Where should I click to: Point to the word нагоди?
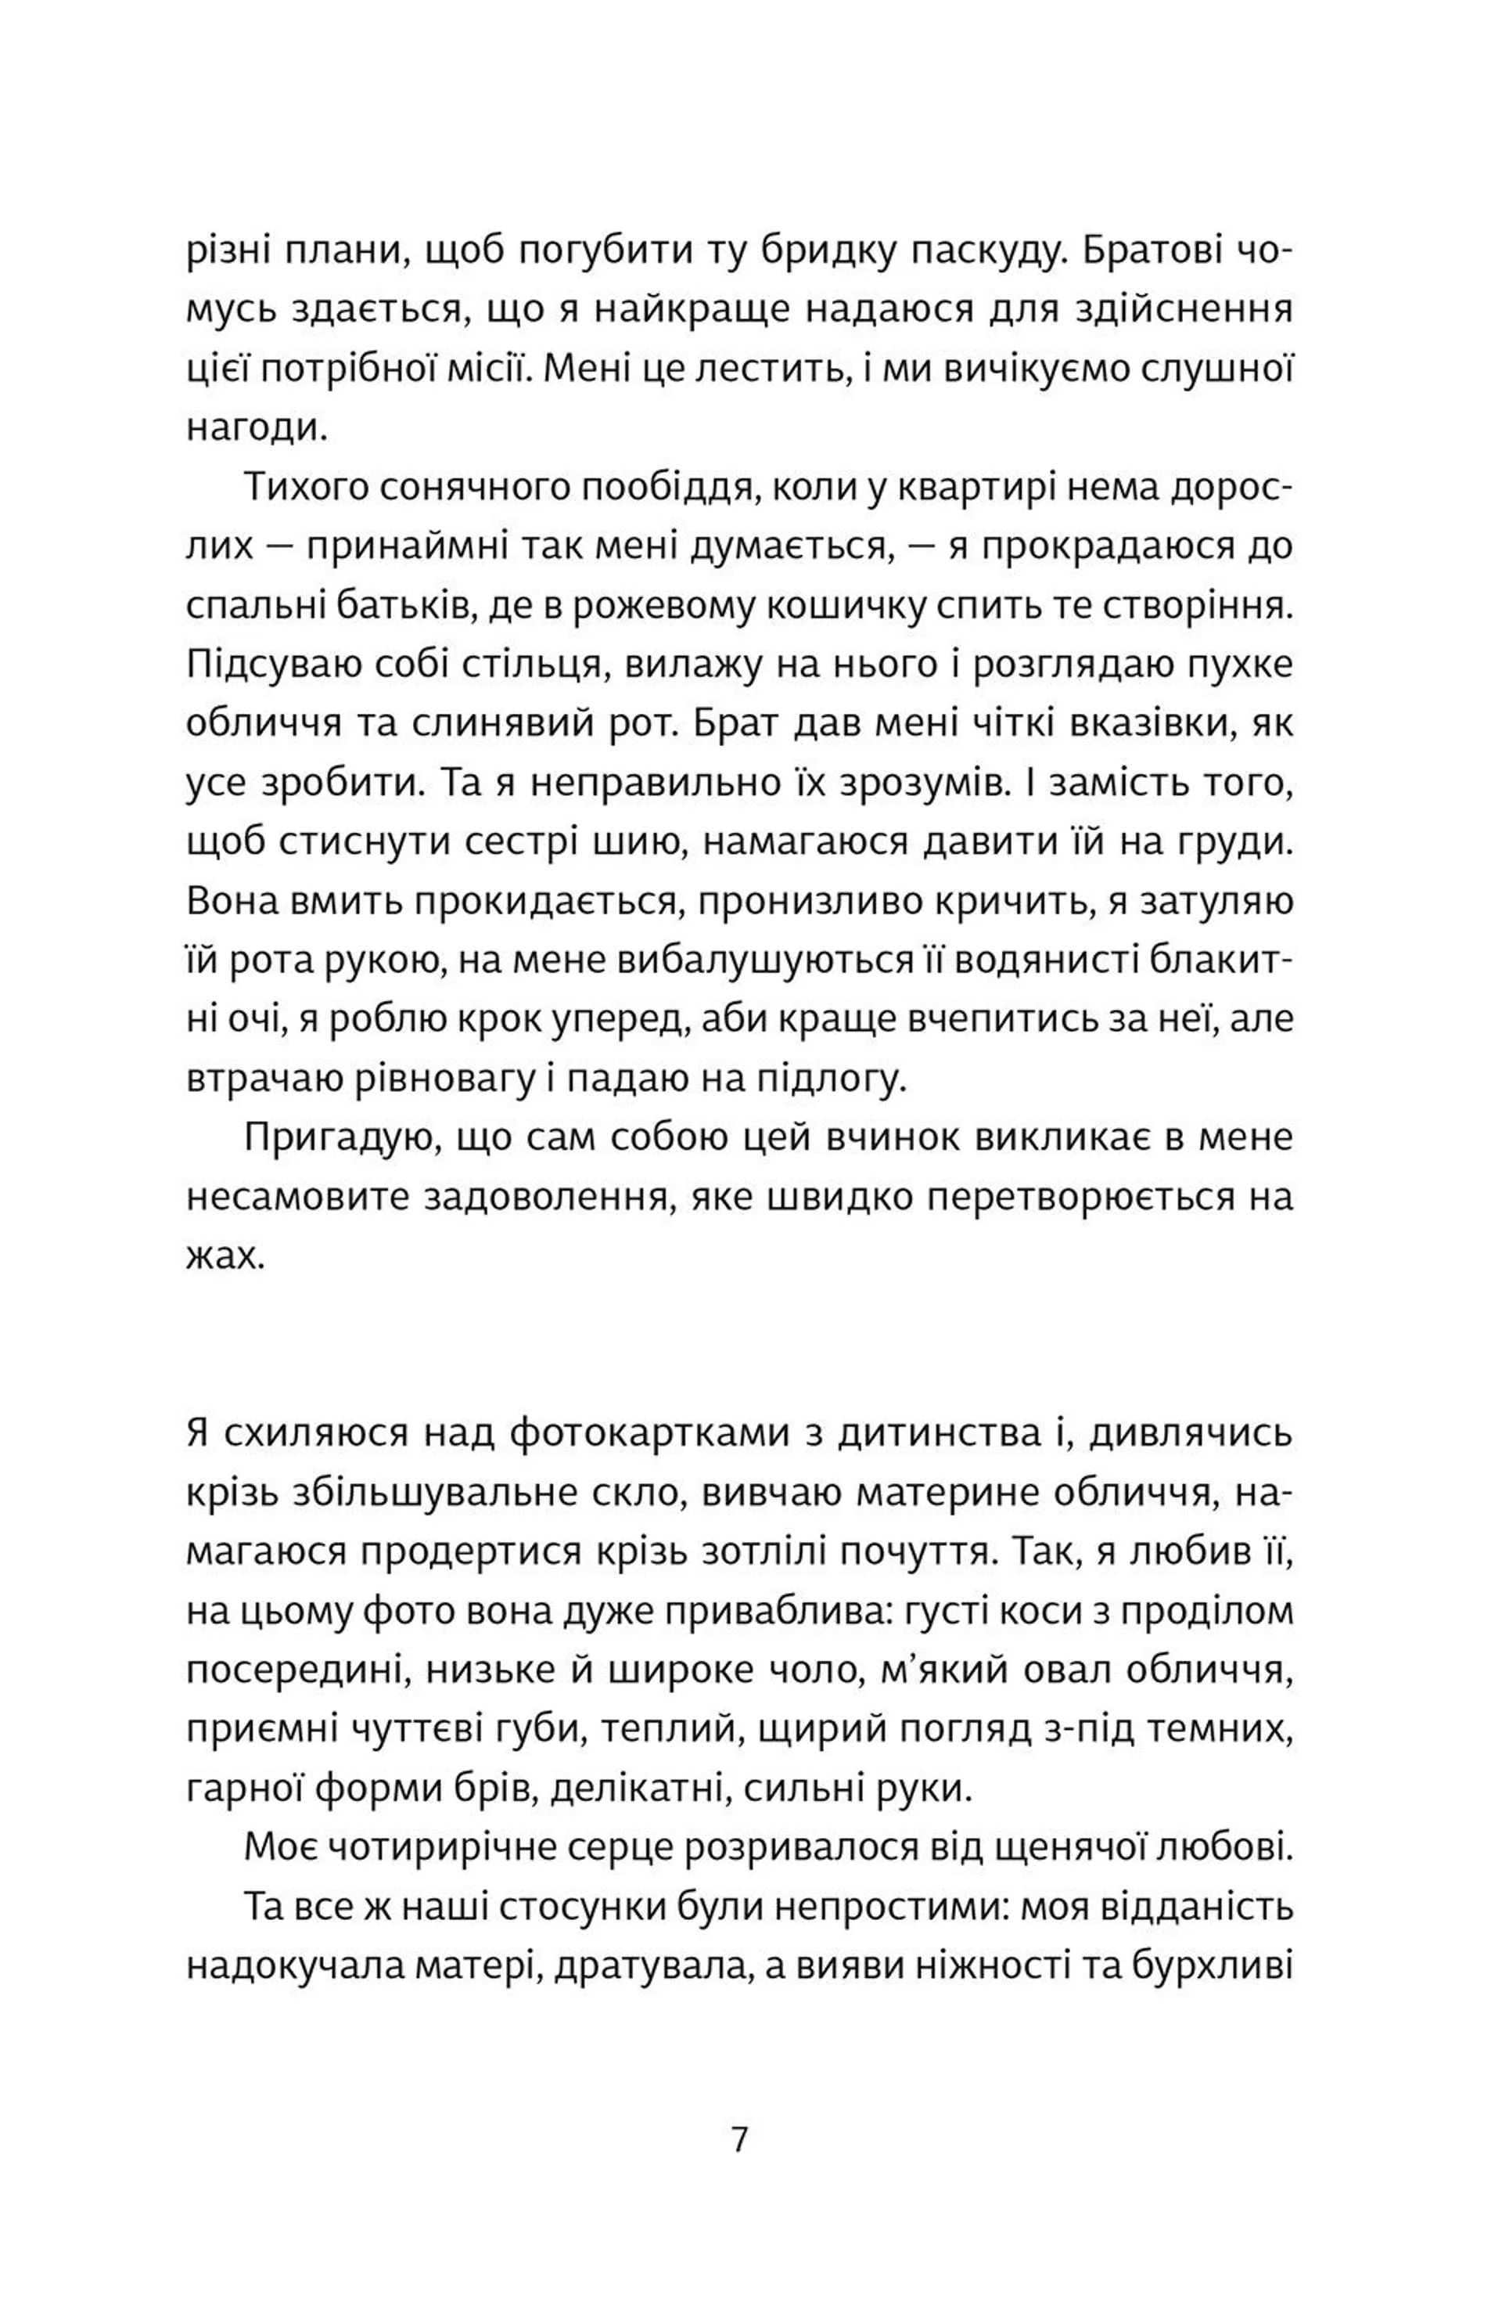tap(256, 430)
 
